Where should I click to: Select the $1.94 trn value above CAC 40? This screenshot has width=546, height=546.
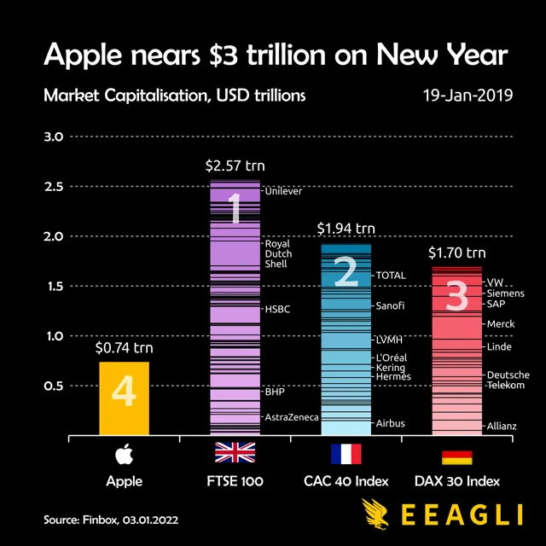346,229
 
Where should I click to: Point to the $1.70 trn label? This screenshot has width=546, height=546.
456,252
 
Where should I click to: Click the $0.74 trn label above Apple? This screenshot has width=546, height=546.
124,347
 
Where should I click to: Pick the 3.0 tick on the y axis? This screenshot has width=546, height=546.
54,136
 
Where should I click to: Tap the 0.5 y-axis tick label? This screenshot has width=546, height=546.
54,386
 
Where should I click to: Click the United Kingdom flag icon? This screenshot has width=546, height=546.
235,453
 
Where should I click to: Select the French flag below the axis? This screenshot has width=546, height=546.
346,453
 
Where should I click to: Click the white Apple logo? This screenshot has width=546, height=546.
124,452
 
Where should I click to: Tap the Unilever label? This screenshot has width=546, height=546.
284,192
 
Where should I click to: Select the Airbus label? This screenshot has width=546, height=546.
391,423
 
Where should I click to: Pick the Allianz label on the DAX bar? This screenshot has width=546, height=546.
502,426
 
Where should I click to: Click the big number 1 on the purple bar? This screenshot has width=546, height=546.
235,209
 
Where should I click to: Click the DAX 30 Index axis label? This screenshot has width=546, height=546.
456,481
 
